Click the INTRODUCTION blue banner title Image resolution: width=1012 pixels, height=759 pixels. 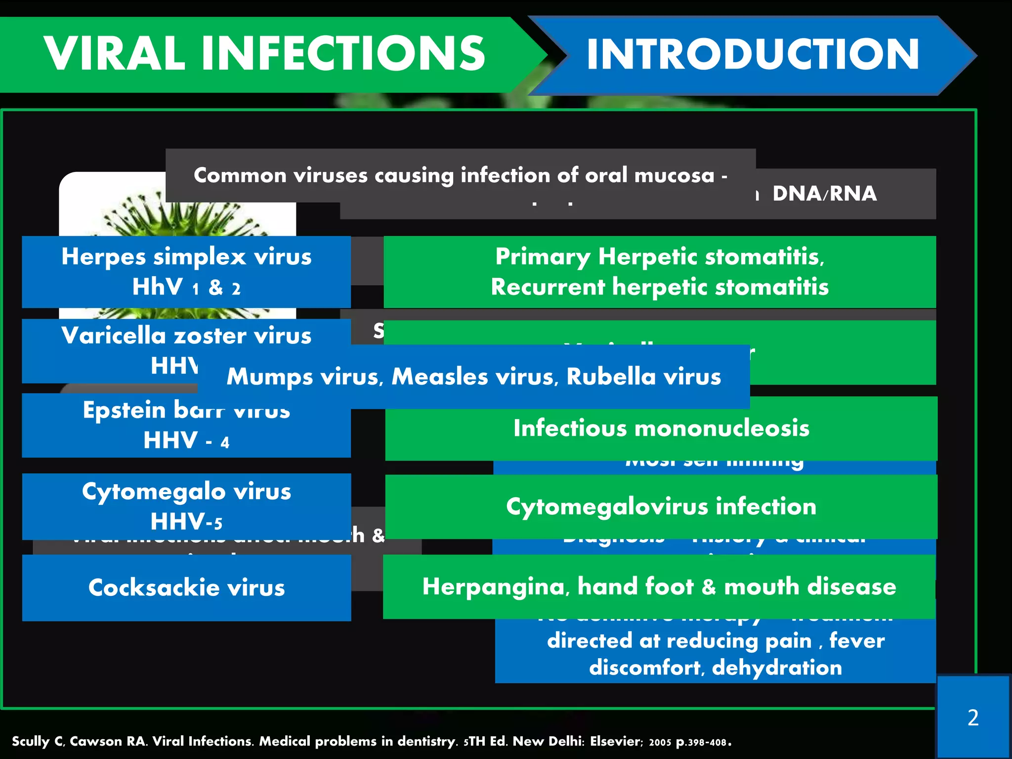coord(752,54)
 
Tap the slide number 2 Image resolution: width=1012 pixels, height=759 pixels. coord(972,717)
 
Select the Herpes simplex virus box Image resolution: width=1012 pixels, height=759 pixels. coord(186,271)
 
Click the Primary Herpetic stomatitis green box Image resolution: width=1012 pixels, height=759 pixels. coord(659,271)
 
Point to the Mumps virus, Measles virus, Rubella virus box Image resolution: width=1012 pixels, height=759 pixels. coord(473,377)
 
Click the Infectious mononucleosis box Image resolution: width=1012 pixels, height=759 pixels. coord(661,428)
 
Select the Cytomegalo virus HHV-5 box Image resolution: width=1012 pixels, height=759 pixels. coord(186,506)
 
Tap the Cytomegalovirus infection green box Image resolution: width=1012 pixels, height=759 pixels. coord(661,506)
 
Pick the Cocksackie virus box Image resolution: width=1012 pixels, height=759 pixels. coord(186,588)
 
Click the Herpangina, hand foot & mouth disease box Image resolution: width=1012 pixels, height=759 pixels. coord(659,587)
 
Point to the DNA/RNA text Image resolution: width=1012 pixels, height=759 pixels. coord(824,193)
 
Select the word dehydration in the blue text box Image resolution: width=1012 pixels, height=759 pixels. coord(777,668)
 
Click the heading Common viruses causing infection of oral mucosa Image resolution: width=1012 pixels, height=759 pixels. coord(460,175)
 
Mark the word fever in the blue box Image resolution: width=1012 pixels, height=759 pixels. coord(856,641)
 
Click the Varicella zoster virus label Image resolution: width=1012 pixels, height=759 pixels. coord(186,336)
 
